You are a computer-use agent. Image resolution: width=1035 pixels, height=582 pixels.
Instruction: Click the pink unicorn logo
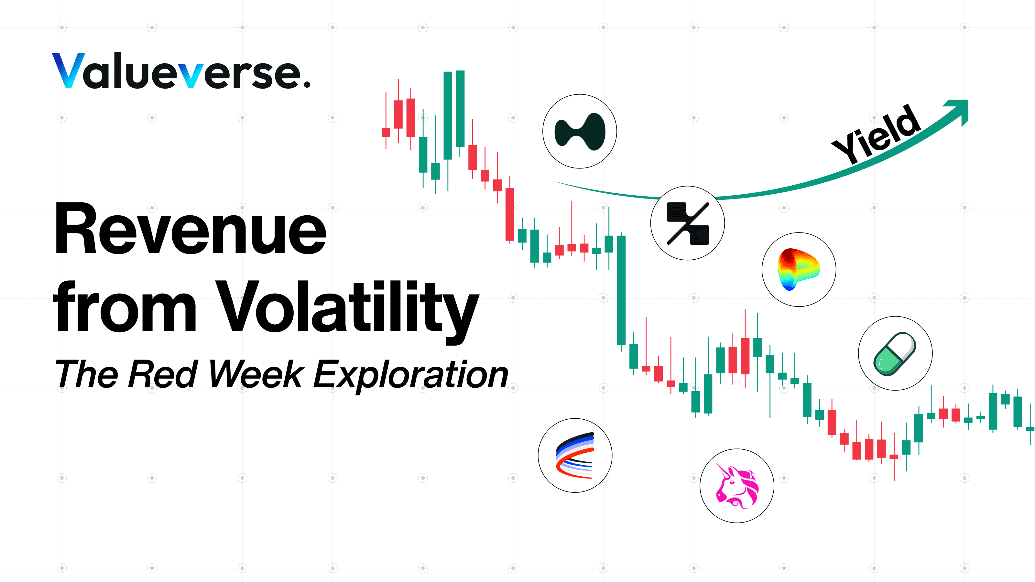[737, 486]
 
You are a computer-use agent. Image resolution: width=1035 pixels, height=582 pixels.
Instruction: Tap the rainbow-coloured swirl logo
[798, 269]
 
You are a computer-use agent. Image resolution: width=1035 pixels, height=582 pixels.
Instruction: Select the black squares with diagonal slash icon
[687, 223]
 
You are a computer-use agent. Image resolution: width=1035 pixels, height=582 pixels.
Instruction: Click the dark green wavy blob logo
[579, 131]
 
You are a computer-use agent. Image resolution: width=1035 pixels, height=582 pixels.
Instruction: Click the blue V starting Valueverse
[68, 70]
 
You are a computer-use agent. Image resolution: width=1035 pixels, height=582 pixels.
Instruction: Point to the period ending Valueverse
[307, 84]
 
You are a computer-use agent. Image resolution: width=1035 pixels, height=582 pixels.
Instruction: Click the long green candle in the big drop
[621, 290]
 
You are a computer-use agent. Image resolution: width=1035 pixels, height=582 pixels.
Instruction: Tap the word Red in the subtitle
[162, 374]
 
